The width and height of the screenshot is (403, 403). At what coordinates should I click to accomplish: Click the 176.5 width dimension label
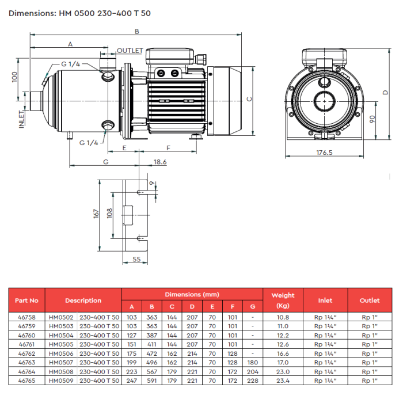click(x=324, y=153)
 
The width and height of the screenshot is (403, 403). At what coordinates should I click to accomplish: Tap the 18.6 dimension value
click(x=160, y=162)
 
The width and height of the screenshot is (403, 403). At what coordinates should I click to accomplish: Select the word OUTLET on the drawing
click(x=130, y=51)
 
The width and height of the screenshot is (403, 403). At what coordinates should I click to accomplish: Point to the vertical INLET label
click(x=22, y=119)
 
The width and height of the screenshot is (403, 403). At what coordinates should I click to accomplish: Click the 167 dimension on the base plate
click(x=96, y=214)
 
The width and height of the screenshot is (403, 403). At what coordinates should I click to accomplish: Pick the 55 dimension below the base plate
click(x=136, y=259)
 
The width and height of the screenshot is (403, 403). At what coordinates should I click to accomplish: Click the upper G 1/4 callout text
click(x=70, y=64)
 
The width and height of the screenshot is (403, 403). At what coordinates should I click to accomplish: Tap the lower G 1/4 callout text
click(x=89, y=143)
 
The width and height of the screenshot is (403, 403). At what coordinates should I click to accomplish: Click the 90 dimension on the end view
click(x=372, y=119)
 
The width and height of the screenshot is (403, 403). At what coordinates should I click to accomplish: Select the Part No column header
click(x=26, y=301)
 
